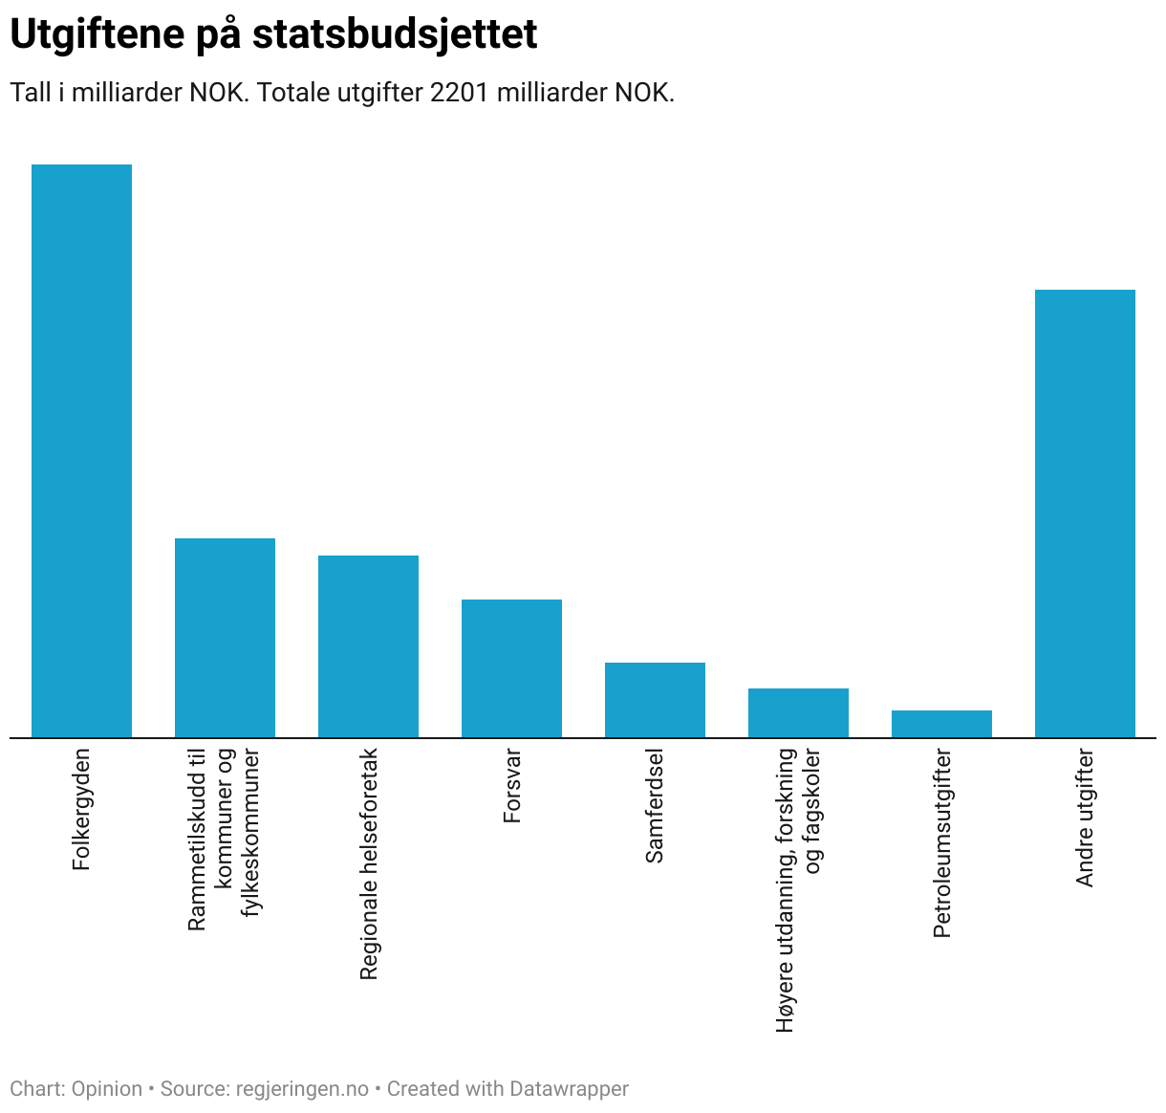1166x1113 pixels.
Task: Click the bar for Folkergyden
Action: click(x=81, y=450)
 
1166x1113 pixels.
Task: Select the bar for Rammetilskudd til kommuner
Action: click(x=225, y=638)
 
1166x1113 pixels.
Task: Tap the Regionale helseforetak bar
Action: click(x=368, y=646)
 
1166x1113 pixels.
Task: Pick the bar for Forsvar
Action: click(x=511, y=668)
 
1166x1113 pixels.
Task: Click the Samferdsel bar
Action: click(x=655, y=700)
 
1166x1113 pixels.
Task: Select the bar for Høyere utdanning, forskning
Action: click(x=798, y=712)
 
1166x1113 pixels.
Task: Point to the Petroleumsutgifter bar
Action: click(x=941, y=724)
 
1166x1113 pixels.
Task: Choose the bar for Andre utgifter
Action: click(x=1085, y=513)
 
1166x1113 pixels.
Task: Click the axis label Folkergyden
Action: click(x=82, y=809)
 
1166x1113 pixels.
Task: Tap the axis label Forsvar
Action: click(x=512, y=786)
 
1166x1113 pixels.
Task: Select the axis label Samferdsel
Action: click(x=655, y=806)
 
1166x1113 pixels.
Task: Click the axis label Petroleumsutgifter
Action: click(x=942, y=843)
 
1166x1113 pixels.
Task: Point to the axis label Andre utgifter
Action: click(x=1085, y=818)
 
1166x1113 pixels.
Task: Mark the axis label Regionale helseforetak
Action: click(x=369, y=864)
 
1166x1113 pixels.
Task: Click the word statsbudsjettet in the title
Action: click(x=395, y=34)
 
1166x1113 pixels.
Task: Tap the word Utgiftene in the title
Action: click(x=96, y=34)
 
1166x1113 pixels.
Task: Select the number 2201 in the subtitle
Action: click(x=460, y=93)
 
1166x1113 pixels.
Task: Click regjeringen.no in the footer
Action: click(x=302, y=1089)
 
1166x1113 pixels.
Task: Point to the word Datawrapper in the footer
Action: click(x=569, y=1089)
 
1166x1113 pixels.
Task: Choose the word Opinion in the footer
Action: click(x=107, y=1089)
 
